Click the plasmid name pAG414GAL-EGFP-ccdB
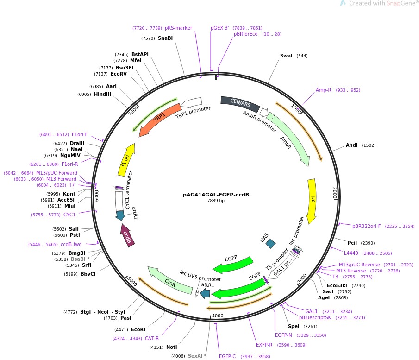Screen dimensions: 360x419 click(216, 195)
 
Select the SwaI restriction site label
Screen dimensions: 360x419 click(286, 56)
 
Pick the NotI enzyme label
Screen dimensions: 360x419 click(171, 347)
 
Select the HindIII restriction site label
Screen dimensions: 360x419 click(102, 94)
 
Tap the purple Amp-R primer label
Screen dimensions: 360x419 click(324, 90)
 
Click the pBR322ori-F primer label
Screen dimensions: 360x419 click(366, 227)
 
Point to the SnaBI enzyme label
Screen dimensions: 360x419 click(165, 38)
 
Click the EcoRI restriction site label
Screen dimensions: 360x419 click(138, 329)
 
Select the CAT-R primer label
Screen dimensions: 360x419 click(152, 339)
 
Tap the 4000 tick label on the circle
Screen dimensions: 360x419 click(218, 316)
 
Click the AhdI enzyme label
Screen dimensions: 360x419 click(352, 145)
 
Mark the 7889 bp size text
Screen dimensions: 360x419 click(216, 201)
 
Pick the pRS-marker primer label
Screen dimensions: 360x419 click(178, 28)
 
